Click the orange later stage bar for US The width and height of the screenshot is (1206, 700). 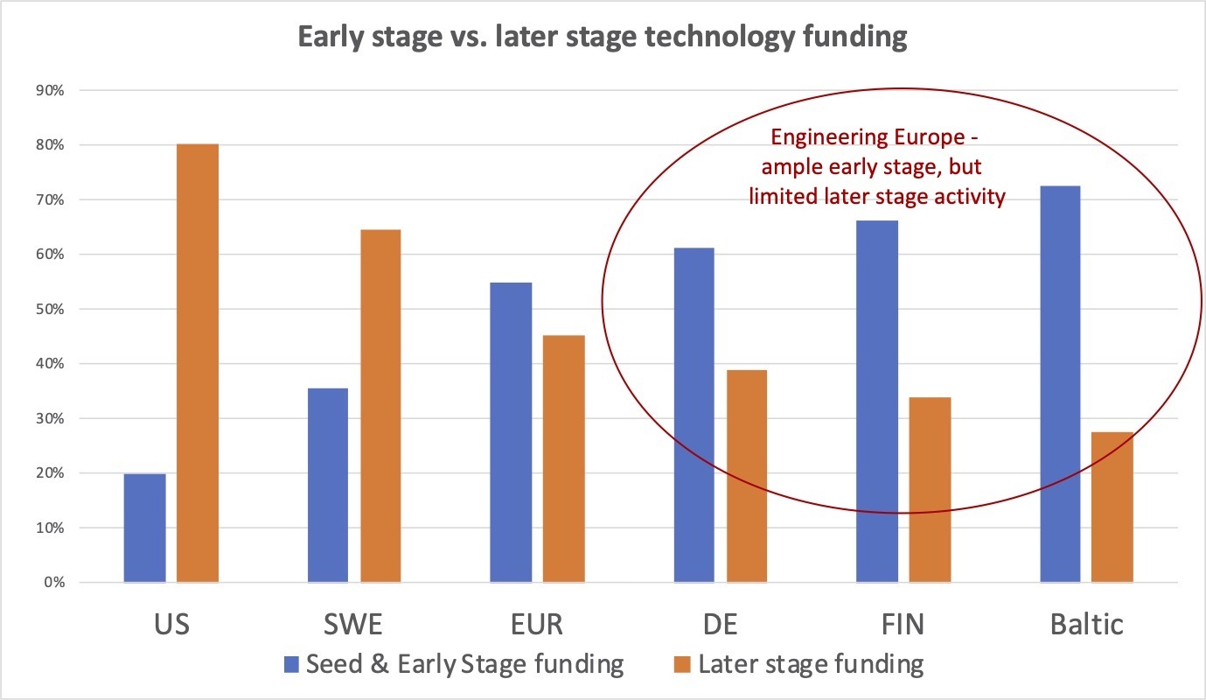point(198,363)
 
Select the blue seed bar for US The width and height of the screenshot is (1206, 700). point(144,528)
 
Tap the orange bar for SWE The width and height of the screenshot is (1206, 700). point(380,406)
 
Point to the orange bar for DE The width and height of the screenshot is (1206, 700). point(746,476)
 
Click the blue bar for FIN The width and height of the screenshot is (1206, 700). point(877,402)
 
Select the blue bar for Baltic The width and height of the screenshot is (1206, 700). point(1060,384)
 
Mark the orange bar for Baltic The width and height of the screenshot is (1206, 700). point(1112,507)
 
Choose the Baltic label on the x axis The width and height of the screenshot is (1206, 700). point(1085,625)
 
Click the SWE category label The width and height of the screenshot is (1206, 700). point(354,625)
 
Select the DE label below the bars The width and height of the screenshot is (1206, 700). point(719,625)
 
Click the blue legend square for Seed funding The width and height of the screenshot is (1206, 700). point(292,664)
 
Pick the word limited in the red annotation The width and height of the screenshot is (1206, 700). point(780,195)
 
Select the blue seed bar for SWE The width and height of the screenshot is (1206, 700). point(328,486)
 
